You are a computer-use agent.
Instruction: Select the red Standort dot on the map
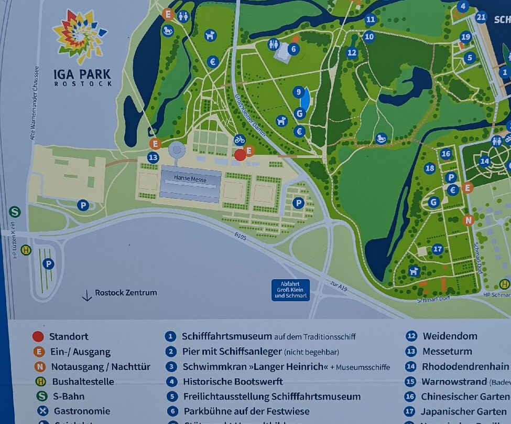tap(240, 154)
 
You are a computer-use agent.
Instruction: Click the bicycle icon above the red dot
tap(240, 140)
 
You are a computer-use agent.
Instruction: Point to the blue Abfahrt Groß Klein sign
tap(290, 290)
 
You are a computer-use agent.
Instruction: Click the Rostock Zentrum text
tap(126, 293)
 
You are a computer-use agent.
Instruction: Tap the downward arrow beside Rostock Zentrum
tap(87, 295)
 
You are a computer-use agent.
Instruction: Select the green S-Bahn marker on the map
tap(15, 211)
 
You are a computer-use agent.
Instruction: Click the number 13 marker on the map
tap(153, 157)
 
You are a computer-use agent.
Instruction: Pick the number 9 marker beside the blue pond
tap(299, 92)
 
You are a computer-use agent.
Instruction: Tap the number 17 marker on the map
tap(437, 249)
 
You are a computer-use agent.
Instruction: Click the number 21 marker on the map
tap(481, 17)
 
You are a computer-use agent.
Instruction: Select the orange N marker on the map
tap(468, 220)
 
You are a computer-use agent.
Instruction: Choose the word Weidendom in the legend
tap(450, 336)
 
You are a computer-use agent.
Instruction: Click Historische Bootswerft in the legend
tap(232, 381)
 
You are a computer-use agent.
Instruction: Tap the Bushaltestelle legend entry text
tap(83, 381)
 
